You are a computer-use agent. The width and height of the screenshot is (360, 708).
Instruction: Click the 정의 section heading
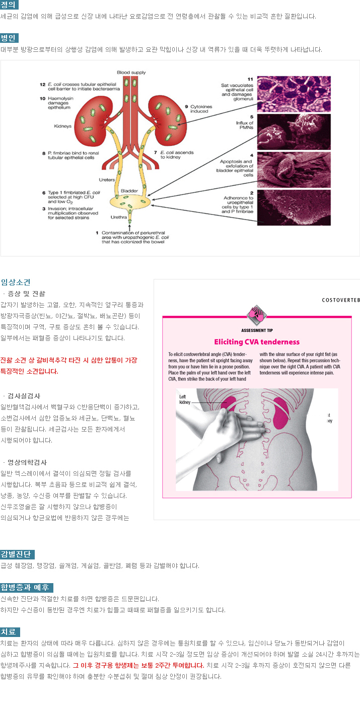pos(9,5)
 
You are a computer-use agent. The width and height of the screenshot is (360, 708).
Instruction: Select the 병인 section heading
pos(9,38)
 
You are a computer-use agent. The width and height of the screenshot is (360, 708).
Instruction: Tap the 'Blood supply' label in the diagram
pos(131,73)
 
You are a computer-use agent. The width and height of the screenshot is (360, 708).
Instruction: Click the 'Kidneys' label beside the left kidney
pos(62,126)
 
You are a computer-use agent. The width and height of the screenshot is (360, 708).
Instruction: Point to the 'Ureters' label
pos(107,180)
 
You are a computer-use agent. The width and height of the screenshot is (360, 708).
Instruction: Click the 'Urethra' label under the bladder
pos(118,217)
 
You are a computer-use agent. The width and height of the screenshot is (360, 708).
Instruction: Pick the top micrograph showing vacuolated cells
pos(294,94)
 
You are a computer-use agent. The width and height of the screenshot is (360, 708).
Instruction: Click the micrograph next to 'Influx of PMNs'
pos(294,132)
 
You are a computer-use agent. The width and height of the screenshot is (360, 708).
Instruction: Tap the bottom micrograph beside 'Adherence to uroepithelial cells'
pos(294,207)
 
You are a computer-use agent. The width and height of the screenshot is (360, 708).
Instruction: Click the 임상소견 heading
pos(16,282)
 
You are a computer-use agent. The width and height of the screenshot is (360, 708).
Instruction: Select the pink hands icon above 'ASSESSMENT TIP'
pos(257,315)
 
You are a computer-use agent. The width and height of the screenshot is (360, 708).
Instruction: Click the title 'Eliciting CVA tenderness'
pos(257,342)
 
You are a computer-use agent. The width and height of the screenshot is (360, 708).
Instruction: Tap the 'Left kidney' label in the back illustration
pos(185,399)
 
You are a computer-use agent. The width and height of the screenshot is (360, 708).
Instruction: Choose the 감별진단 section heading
pos(18,554)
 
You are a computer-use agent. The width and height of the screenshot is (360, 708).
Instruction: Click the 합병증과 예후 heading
pos(27,588)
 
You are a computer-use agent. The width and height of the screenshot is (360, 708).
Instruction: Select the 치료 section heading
pos(10,632)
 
